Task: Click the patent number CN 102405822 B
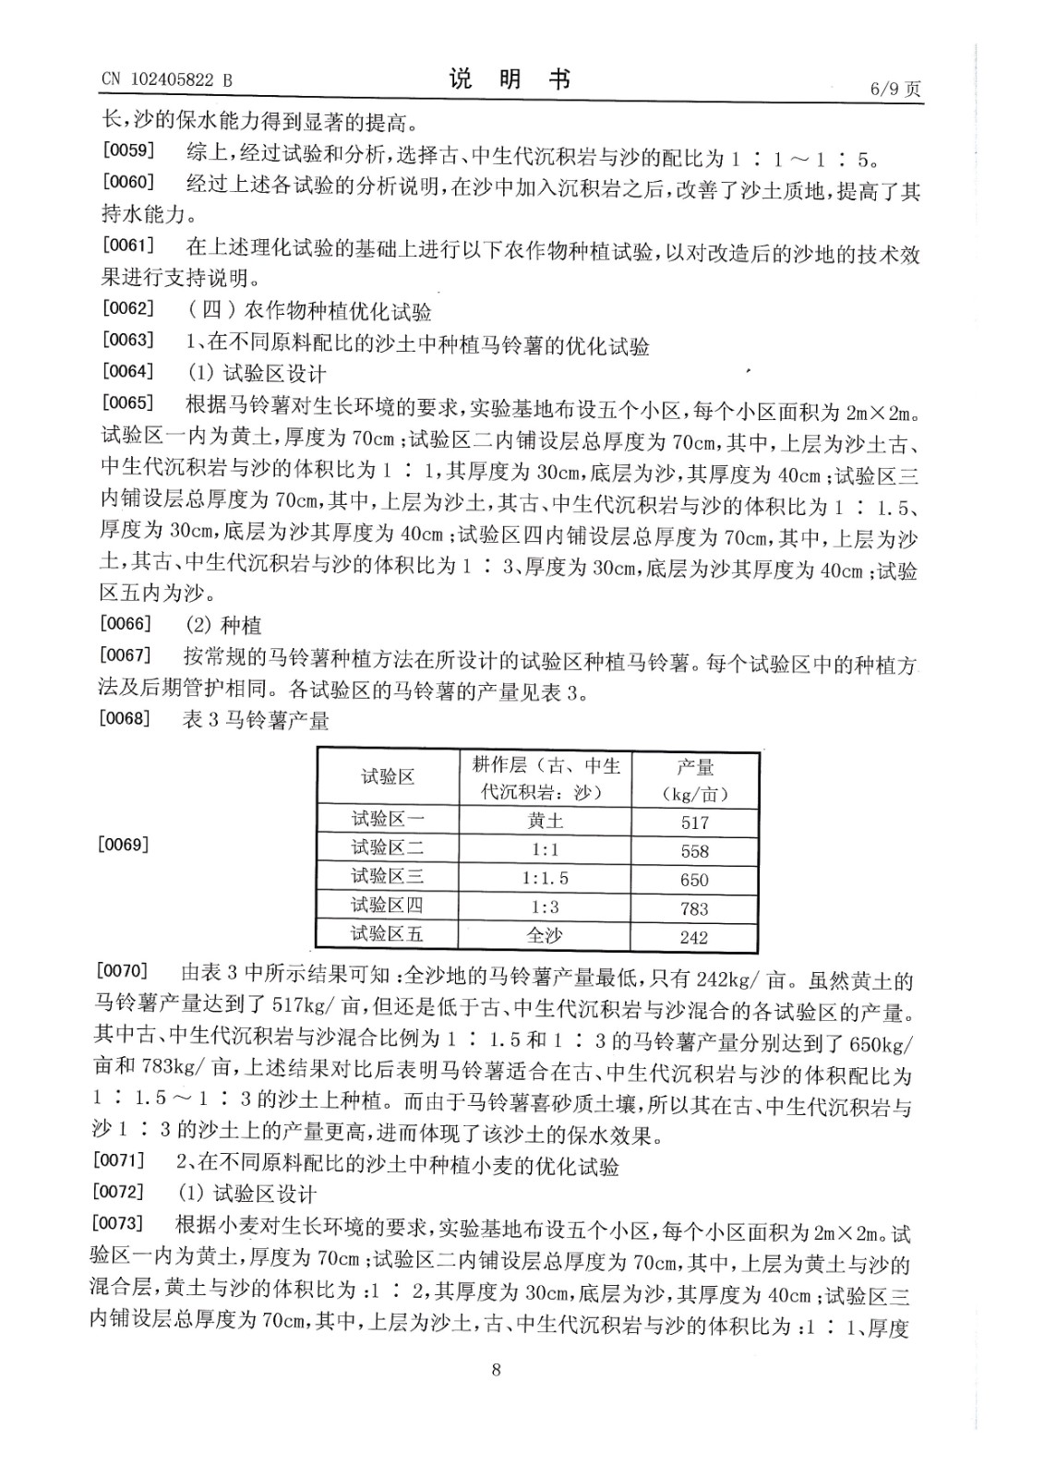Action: pos(166,80)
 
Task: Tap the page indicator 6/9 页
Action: pos(894,89)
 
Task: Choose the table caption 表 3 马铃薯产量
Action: pos(256,720)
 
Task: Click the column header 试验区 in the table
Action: pos(387,777)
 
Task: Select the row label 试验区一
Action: pos(387,819)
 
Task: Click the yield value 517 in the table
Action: pos(694,822)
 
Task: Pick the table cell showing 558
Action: pos(694,850)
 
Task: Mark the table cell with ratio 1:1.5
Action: pos(545,879)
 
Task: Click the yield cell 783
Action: pos(694,908)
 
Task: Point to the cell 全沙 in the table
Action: pos(545,935)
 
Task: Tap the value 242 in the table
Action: pos(694,937)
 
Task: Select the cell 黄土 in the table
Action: pos(545,821)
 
